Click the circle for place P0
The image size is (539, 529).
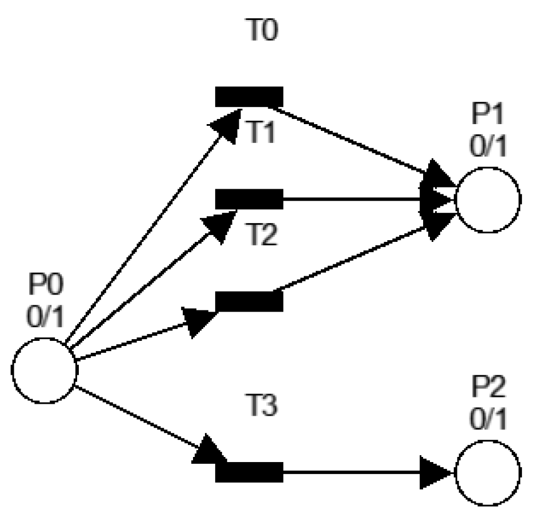(x=45, y=370)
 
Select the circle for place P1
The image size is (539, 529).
(x=488, y=200)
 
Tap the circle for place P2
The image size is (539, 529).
(x=488, y=473)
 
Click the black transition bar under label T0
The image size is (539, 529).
(x=249, y=97)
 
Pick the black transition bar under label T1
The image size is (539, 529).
(x=249, y=199)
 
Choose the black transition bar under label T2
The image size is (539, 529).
(x=249, y=301)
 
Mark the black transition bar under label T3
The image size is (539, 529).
(x=249, y=472)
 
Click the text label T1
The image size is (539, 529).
(x=262, y=133)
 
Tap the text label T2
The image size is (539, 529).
(x=262, y=235)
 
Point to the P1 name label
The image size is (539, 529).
(x=488, y=116)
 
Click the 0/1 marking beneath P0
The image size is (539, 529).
(x=45, y=316)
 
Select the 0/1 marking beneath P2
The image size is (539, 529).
(x=488, y=421)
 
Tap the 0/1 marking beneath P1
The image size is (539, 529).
(x=488, y=147)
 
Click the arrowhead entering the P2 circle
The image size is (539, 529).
(x=439, y=473)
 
